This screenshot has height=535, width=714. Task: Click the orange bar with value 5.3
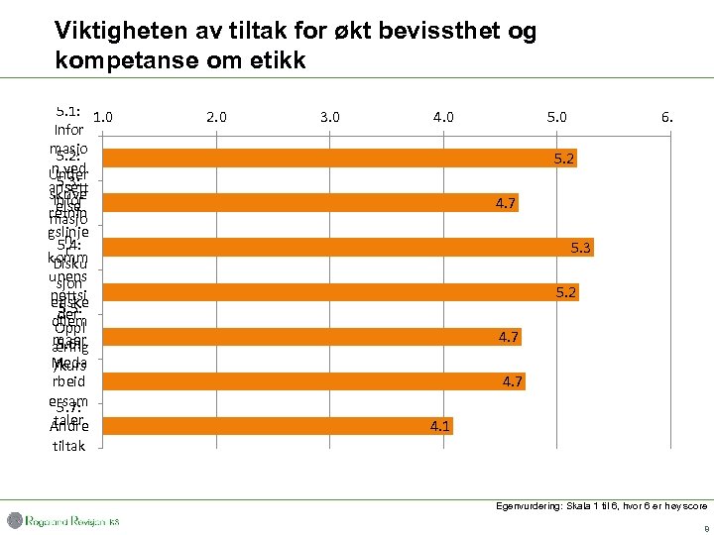pyautogui.click(x=347, y=248)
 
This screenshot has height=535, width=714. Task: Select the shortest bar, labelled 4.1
pyautogui.click(x=278, y=426)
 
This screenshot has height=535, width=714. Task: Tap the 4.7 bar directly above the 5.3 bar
pyautogui.click(x=310, y=203)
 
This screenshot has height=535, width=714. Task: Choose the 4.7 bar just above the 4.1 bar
pyautogui.click(x=312, y=381)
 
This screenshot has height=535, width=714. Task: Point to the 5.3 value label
pyautogui.click(x=581, y=248)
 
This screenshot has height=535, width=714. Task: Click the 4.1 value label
pyautogui.click(x=439, y=426)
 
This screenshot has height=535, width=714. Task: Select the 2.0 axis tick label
pyautogui.click(x=216, y=116)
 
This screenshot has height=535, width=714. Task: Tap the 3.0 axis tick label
pyautogui.click(x=330, y=116)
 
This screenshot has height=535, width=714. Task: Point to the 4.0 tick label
pyautogui.click(x=443, y=116)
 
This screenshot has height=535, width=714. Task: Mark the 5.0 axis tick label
pyautogui.click(x=557, y=116)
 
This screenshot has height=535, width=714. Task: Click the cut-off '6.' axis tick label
pyautogui.click(x=667, y=116)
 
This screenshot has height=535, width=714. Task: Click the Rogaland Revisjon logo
pyautogui.click(x=63, y=521)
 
